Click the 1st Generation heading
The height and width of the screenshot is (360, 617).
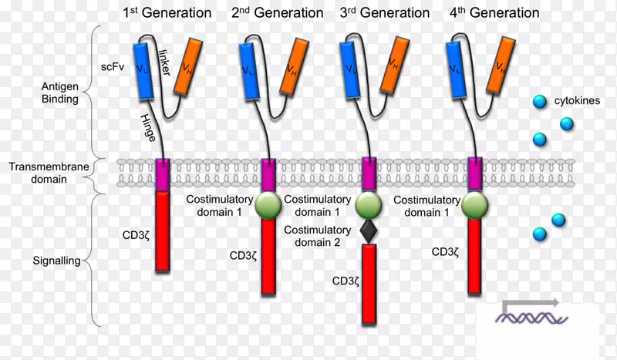(x=167, y=13)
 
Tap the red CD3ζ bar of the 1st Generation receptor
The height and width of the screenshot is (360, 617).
(x=162, y=231)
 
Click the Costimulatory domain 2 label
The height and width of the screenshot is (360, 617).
(x=317, y=237)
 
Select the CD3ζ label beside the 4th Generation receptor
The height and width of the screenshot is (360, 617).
(x=447, y=251)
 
